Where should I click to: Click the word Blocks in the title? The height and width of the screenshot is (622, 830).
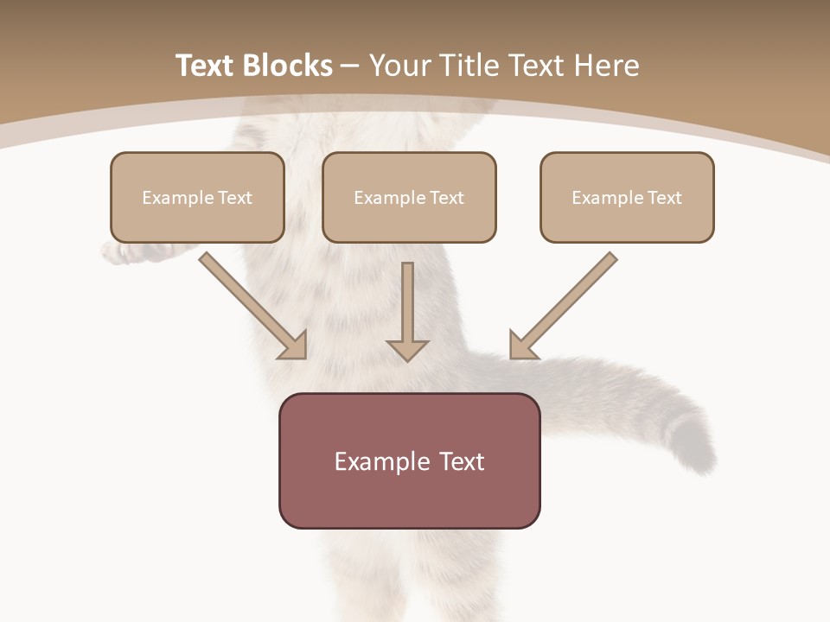[288, 66]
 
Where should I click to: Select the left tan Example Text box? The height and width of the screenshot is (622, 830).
[197, 197]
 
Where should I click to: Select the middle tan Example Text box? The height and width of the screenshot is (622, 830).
[409, 197]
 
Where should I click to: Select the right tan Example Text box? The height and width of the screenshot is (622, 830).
[627, 197]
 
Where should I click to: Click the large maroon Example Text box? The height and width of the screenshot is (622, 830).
[409, 460]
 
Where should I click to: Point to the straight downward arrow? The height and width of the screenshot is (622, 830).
[407, 307]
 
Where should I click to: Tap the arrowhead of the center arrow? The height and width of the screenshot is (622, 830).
[407, 350]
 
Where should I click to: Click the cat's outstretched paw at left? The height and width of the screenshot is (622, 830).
[121, 251]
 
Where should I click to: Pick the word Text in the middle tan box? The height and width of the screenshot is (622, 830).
[446, 198]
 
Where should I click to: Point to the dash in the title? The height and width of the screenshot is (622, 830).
[350, 67]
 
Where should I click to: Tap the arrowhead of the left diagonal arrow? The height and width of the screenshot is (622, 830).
[294, 346]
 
